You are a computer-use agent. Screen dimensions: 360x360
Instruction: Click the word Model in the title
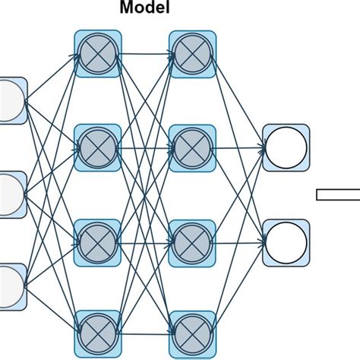(144, 10)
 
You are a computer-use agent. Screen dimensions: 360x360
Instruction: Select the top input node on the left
(11, 100)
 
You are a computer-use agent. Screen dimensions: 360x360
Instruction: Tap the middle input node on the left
(11, 194)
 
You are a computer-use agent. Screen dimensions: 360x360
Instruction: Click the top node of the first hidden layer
(96, 53)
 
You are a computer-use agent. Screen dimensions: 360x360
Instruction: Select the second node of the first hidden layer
(96, 145)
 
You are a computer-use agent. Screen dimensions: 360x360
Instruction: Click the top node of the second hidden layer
(191, 53)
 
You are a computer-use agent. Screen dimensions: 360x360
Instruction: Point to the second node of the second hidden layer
(191, 145)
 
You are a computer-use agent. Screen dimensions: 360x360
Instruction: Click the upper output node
(286, 147)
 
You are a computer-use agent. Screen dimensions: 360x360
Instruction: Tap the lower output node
(286, 241)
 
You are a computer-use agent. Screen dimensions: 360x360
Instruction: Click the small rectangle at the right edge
(338, 194)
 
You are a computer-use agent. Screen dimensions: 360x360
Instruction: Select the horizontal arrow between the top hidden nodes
(144, 54)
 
